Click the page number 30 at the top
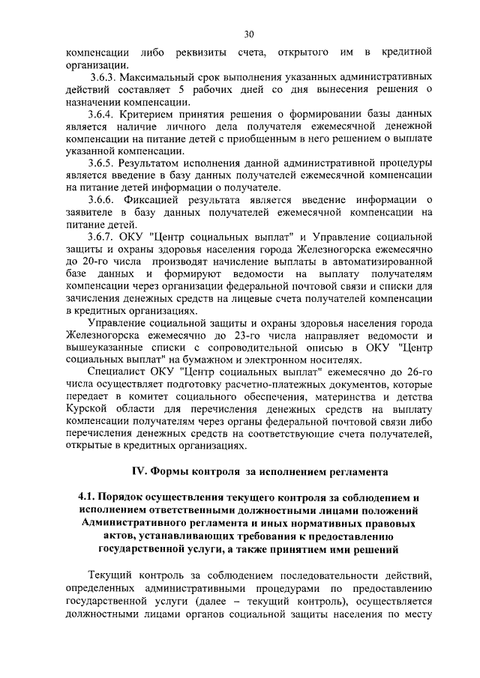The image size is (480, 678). pyautogui.click(x=249, y=33)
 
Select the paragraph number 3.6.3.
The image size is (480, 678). pyautogui.click(x=105, y=76)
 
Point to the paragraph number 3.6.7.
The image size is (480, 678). pyautogui.click(x=103, y=236)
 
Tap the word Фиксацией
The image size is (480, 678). pyautogui.click(x=159, y=199)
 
